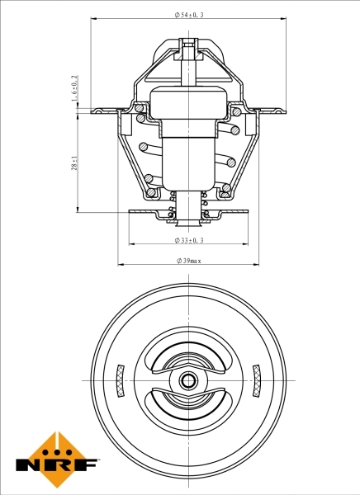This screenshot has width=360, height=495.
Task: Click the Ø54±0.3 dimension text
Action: [x=189, y=16]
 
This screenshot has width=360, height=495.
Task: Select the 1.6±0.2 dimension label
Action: [x=74, y=88]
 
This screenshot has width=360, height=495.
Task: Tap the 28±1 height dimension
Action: [x=74, y=164]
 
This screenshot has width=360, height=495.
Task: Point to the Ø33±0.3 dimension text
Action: [x=189, y=240]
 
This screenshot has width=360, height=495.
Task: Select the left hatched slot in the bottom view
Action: [x=120, y=380]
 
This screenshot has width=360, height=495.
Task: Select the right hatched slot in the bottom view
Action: [x=257, y=380]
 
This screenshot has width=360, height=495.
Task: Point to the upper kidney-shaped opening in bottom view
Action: [x=189, y=360]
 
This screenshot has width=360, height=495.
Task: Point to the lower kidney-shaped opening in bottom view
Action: [x=189, y=403]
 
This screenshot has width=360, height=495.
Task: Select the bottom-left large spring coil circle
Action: [x=150, y=194]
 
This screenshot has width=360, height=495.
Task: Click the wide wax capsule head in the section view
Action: [x=189, y=104]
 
